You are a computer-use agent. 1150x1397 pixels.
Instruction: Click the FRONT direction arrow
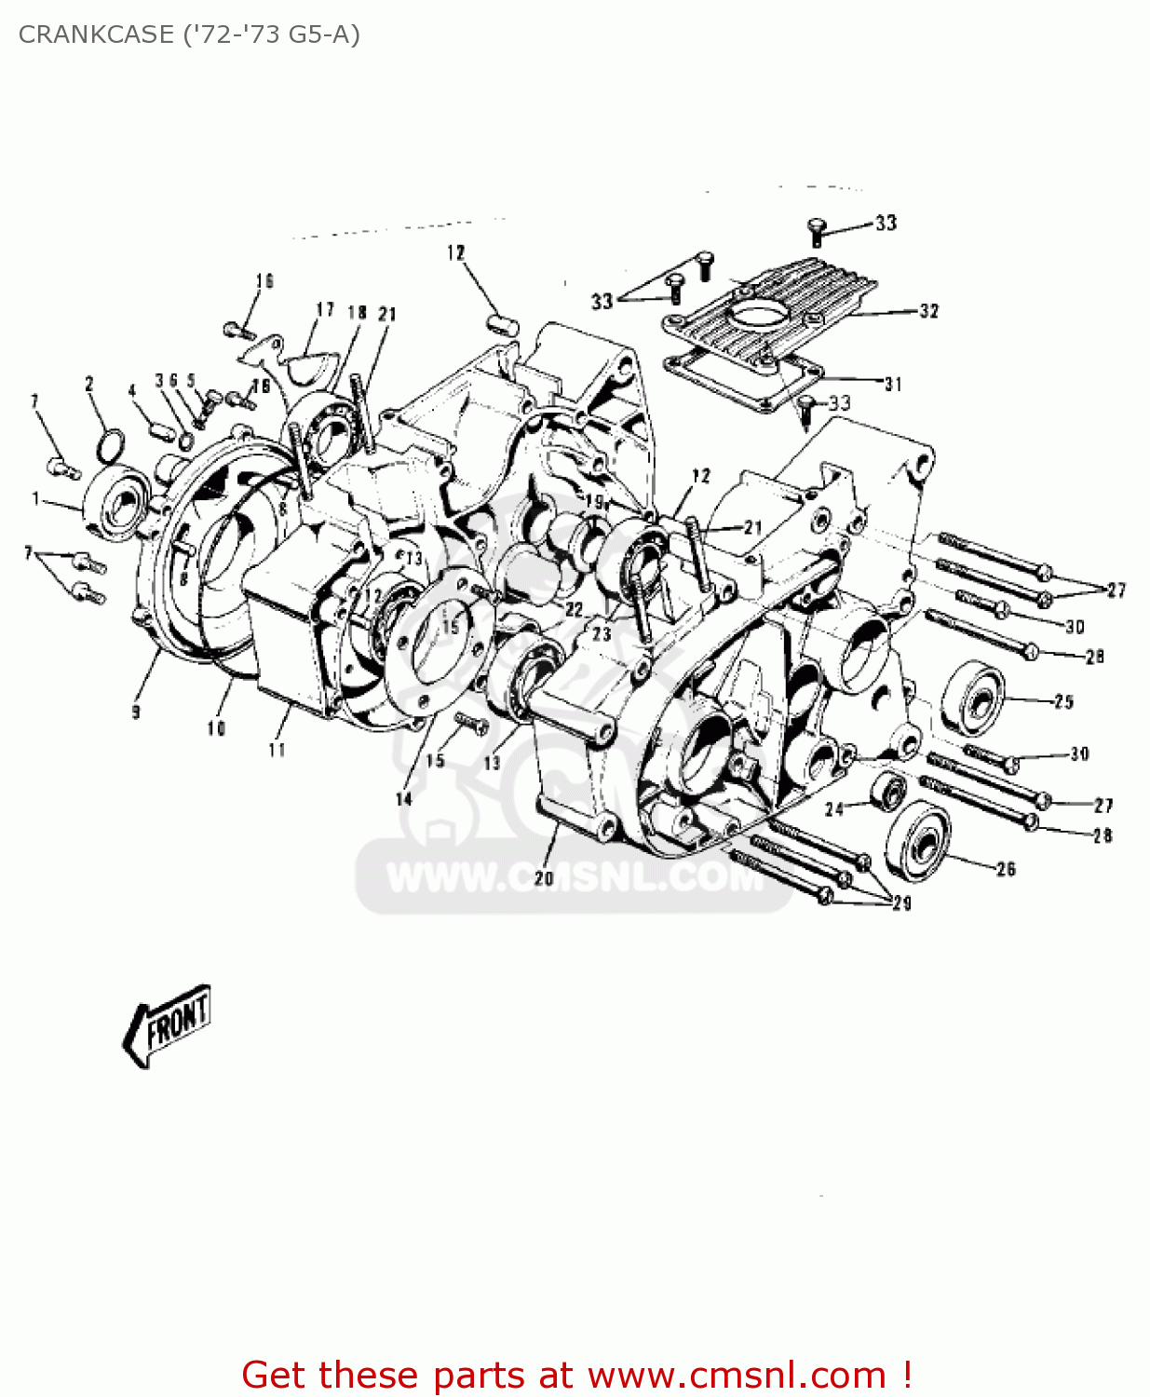pos(168,1025)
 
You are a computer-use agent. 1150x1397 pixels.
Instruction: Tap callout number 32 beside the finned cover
pos(928,311)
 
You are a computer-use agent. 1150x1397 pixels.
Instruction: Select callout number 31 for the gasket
pos(893,384)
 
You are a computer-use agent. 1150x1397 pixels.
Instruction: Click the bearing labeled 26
pos(920,839)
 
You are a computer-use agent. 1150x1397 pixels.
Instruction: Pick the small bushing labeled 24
pos(888,793)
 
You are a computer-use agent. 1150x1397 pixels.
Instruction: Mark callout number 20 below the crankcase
pos(544,877)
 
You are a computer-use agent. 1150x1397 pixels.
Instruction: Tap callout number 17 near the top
pos(325,310)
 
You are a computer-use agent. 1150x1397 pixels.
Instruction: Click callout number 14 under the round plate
pos(403,799)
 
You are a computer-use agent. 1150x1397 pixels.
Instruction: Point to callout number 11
pos(277,750)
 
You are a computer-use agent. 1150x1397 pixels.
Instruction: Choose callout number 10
pos(216,728)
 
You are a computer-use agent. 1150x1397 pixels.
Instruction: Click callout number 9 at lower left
pos(136,712)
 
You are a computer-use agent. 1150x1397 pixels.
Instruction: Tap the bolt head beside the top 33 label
pos(817,227)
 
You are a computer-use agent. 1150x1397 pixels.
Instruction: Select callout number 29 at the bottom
pos(901,902)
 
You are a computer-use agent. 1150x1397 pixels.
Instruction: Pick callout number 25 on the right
pos(1063,701)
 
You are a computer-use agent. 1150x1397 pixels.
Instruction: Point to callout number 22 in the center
pos(574,610)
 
